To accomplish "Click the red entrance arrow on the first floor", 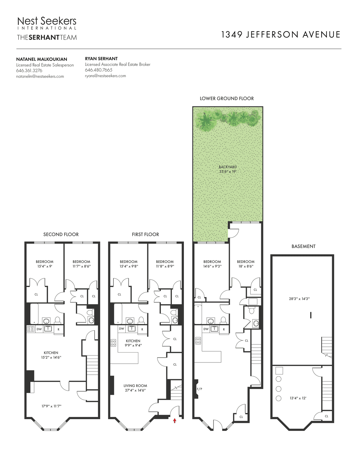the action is click(x=175, y=421).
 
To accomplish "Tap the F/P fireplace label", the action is click(x=199, y=389).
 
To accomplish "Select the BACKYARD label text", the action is click(x=228, y=167).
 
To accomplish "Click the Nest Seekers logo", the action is click(x=47, y=23).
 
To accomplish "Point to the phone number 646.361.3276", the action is click(x=29, y=71).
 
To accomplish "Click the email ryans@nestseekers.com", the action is click(x=105, y=76).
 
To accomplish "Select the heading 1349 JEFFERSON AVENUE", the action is click(x=280, y=35).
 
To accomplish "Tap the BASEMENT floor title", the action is click(x=304, y=246).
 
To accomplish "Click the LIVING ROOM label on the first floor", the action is click(x=135, y=386).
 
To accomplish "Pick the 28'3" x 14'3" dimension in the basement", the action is click(x=299, y=298).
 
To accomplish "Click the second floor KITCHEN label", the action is click(x=51, y=353).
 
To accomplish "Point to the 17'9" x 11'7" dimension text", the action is click(x=51, y=406).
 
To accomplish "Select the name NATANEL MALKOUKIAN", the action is click(x=42, y=59).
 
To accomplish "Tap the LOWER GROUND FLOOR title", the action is click(x=227, y=98).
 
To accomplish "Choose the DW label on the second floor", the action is click(x=39, y=329).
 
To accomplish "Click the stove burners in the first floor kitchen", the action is click(x=113, y=343).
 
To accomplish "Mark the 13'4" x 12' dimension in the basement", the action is click(x=298, y=398).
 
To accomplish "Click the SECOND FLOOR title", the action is click(x=61, y=235).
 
